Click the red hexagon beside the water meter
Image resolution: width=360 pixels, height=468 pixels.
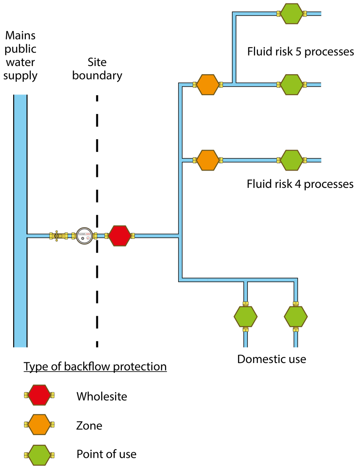coord(120,236)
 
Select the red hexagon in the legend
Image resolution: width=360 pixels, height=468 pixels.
coord(39,395)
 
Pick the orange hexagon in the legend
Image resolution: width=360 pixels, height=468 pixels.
coord(39,424)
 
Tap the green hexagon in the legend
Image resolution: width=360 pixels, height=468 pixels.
coord(39,455)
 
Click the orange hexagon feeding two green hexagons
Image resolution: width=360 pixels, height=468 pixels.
coord(208,85)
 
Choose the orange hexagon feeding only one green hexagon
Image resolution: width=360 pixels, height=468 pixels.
coord(208,160)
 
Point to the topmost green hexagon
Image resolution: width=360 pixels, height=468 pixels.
coord(292,14)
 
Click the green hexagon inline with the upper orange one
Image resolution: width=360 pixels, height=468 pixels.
coord(292,85)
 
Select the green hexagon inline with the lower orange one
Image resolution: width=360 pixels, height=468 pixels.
coord(292,160)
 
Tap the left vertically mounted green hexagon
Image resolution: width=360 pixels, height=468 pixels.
coord(246,316)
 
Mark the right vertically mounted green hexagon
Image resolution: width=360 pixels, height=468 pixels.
coord(295,316)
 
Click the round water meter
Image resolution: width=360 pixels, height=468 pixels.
coord(84,236)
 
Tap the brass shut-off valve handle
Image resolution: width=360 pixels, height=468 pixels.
coord(57,236)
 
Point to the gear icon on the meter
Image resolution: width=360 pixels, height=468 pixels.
coord(82,238)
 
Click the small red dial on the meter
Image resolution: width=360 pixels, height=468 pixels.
coord(88,238)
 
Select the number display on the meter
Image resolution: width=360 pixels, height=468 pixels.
coord(84,234)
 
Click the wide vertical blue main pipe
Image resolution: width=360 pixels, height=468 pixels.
coord(20,221)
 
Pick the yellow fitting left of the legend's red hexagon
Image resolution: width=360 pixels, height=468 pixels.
coord(26,395)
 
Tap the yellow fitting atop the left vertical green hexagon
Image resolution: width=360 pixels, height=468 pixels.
coord(246,303)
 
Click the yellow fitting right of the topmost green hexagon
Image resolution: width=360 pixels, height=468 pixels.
coord(305,14)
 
